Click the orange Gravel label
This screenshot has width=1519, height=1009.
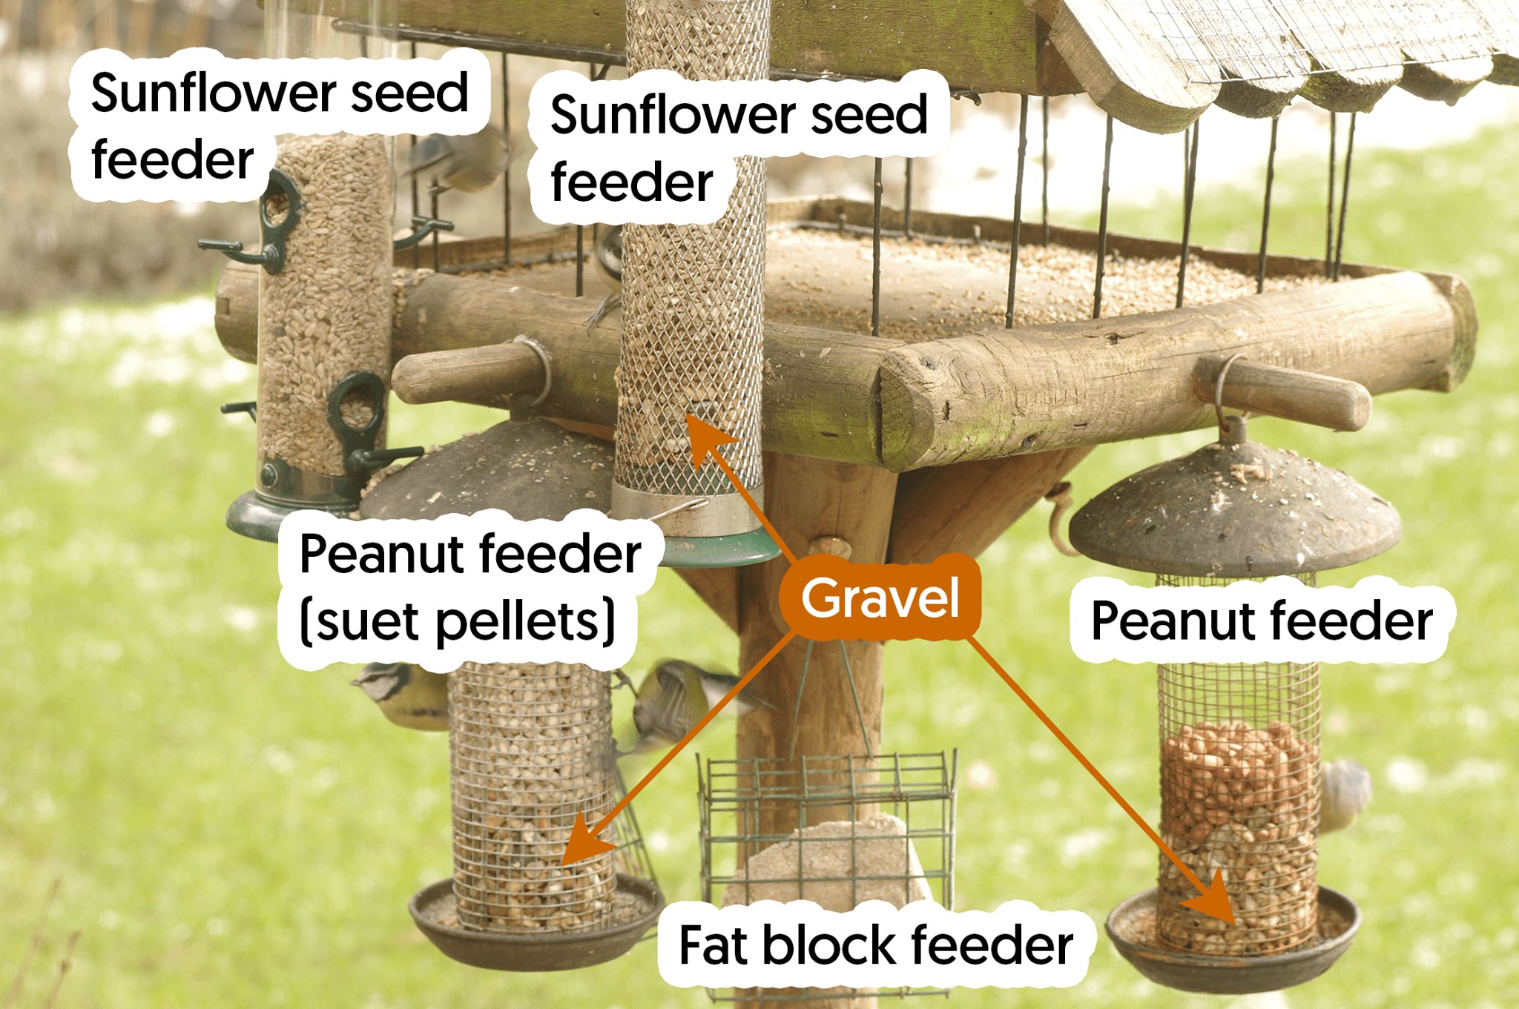(x=880, y=598)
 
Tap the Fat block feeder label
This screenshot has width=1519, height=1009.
(x=875, y=945)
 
